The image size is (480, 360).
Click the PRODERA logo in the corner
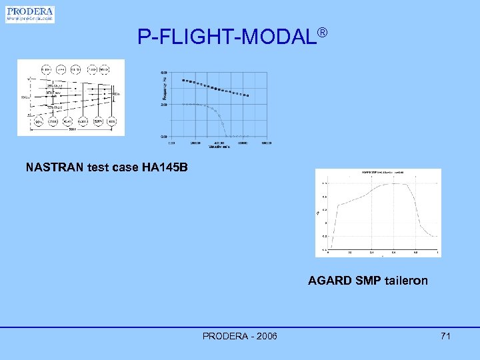click(30, 14)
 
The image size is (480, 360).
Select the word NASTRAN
click(54, 167)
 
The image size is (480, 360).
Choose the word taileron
click(406, 281)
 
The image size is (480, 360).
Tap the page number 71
click(445, 336)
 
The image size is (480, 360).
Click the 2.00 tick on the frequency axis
click(163, 105)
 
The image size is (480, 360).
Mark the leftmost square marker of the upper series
click(183, 81)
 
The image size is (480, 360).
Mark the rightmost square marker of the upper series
click(247, 96)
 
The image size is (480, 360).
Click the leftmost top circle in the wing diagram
click(46, 69)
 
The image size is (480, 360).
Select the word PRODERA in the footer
click(223, 336)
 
